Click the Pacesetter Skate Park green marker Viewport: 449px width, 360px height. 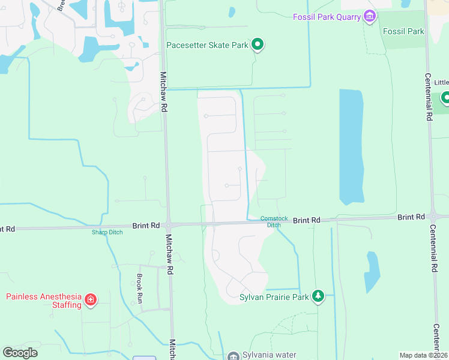point(258,44)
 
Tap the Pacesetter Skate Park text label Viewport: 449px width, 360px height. point(208,44)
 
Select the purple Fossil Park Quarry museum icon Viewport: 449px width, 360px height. point(370,16)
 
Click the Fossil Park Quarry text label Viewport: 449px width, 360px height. point(327,16)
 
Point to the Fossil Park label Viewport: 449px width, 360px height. point(404,31)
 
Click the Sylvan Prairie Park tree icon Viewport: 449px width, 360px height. point(318,296)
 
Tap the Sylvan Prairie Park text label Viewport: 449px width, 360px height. point(274,296)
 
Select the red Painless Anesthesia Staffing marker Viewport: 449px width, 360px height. point(91,299)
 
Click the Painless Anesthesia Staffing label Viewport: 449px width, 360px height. point(43,301)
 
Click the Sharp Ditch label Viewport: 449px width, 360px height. point(107,232)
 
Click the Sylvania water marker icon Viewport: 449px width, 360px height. point(233,355)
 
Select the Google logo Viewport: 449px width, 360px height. point(20,353)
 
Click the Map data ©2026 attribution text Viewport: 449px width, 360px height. point(423,355)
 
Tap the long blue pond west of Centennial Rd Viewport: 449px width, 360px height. point(351,146)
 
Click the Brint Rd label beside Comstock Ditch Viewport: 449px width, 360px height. point(307,220)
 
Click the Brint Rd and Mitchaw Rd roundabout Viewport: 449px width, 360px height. point(169,226)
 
